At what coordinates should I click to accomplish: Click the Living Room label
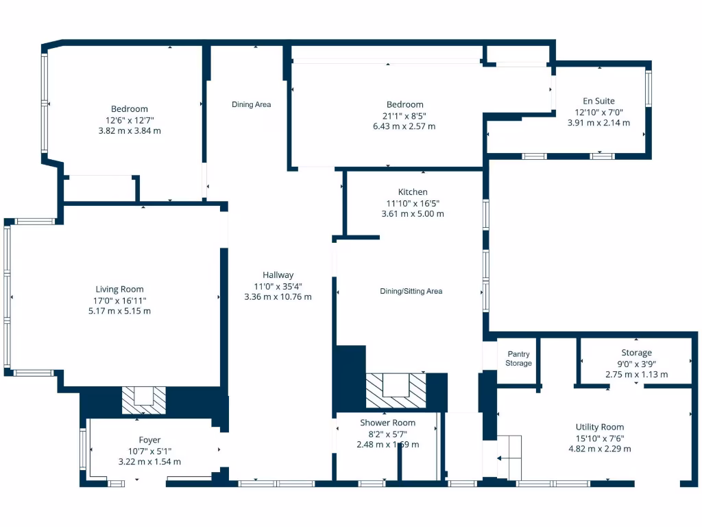click(x=119, y=289)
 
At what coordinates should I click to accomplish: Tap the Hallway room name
click(x=278, y=275)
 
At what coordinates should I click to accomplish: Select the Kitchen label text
click(x=412, y=192)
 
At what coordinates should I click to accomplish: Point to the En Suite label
click(x=598, y=101)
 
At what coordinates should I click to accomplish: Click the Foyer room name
click(x=149, y=440)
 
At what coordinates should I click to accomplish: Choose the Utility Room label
click(x=600, y=427)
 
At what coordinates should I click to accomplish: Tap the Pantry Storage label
click(x=518, y=359)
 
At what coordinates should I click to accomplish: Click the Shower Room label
click(x=387, y=423)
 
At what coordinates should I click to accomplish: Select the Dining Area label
click(x=251, y=104)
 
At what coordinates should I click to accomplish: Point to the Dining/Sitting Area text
click(x=411, y=291)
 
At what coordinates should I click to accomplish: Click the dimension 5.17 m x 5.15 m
click(x=119, y=311)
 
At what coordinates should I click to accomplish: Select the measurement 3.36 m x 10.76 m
click(x=278, y=297)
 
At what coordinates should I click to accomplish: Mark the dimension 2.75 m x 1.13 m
click(x=636, y=375)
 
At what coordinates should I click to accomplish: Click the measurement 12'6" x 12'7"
click(x=130, y=119)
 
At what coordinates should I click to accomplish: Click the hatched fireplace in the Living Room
click(x=144, y=400)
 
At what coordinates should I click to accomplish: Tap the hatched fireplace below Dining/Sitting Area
click(x=395, y=389)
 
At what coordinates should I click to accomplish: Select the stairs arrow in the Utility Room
click(x=509, y=458)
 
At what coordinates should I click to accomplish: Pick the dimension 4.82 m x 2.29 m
click(x=600, y=449)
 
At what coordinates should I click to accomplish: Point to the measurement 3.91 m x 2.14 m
click(x=598, y=123)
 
